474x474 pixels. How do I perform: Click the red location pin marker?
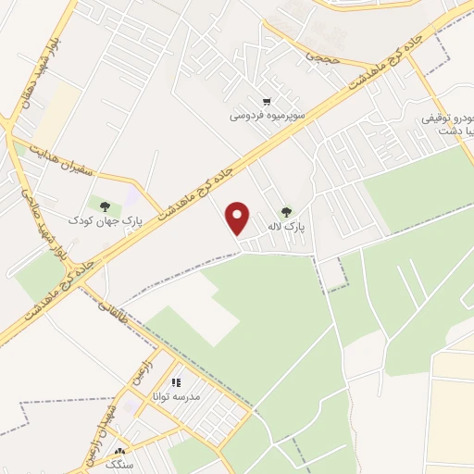[238, 217]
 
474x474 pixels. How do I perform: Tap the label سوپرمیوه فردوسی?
[267, 117]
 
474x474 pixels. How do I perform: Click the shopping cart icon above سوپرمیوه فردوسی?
[267, 102]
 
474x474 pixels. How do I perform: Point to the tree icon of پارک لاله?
[286, 212]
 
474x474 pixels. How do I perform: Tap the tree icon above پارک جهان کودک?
[103, 206]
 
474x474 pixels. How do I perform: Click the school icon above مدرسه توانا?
[176, 381]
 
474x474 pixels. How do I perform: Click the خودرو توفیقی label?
[448, 118]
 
